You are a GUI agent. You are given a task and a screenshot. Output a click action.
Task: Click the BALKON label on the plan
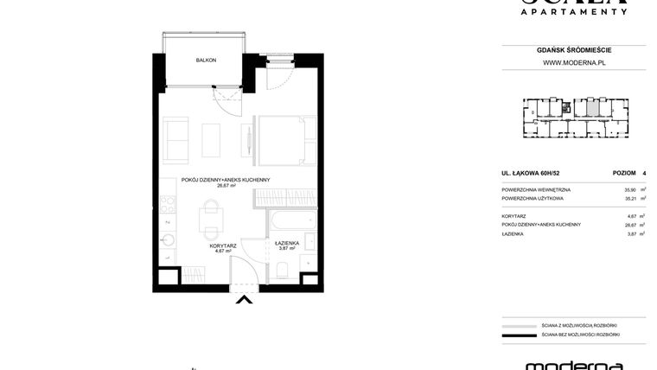[206, 61]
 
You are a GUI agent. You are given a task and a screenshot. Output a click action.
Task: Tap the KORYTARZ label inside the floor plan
[223, 246]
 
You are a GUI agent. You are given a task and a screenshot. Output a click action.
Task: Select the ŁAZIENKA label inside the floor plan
[287, 243]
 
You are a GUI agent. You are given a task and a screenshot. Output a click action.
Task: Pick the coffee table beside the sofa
[212, 138]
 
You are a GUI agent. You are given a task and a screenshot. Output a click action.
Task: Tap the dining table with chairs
[209, 216]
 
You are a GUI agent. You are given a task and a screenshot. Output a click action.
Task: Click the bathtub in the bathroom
[286, 221]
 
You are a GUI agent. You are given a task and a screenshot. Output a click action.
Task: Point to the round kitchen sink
[167, 240]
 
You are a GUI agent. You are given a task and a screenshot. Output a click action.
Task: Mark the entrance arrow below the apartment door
[245, 300]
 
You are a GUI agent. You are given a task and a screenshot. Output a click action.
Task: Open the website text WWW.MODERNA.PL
[573, 62]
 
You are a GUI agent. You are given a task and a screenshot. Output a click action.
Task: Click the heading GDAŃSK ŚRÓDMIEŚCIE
[573, 50]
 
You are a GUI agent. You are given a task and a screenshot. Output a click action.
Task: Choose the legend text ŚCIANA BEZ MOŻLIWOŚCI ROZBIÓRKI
[580, 334]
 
